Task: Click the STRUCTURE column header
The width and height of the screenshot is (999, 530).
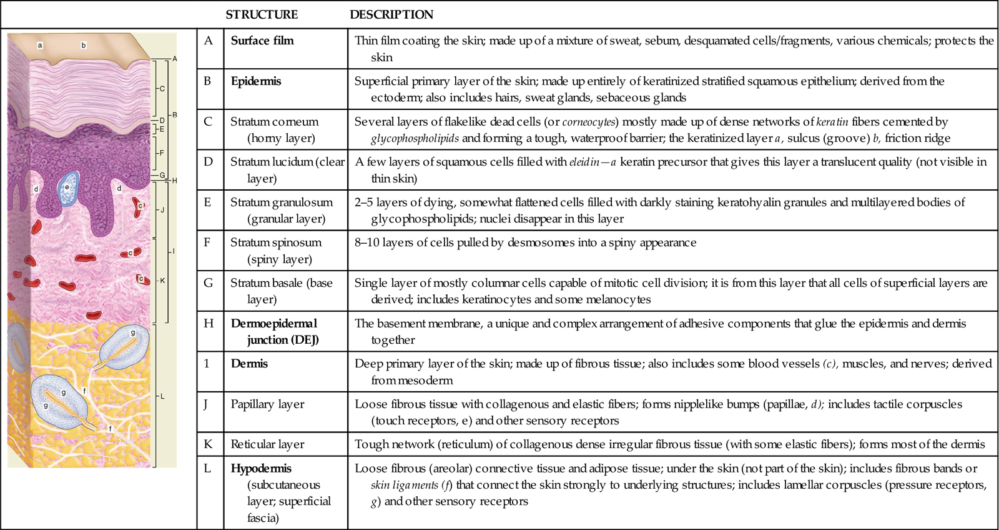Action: point(262,14)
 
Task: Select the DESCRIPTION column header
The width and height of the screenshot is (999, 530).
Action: point(391,14)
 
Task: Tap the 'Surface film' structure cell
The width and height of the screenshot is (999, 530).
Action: point(262,41)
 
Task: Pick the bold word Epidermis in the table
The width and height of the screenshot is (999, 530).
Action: point(256,81)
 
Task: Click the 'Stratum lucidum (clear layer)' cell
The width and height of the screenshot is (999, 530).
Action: point(287,169)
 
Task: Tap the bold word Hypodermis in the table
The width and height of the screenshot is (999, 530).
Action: point(261,469)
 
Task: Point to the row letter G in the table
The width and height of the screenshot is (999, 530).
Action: point(209,283)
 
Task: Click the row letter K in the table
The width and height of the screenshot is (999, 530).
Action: point(209,444)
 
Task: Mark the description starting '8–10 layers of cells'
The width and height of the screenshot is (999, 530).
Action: point(525,242)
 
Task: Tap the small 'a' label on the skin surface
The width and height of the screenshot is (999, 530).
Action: point(40,46)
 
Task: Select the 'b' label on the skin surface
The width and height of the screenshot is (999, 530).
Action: point(84,46)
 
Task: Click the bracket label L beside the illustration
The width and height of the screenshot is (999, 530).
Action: point(162,396)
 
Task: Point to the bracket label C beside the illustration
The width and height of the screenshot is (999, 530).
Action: point(162,89)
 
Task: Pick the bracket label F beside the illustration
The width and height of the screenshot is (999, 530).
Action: point(162,152)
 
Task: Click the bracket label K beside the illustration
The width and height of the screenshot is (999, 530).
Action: point(162,281)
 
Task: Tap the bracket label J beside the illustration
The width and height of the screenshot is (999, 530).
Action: point(162,210)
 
